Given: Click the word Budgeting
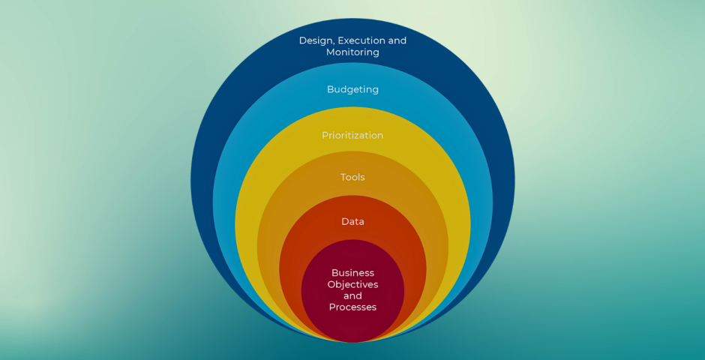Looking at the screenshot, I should tap(352, 89).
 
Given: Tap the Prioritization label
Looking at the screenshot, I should tap(352, 136).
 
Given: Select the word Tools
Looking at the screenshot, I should tap(352, 178).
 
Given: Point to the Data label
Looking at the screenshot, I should tap(352, 222).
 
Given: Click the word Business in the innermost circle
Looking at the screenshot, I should tap(352, 273).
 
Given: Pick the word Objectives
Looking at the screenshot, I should tap(352, 285).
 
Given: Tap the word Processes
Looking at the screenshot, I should tap(352, 307).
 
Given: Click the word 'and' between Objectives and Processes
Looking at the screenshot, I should tap(352, 296).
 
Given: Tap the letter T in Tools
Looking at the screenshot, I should tap(343, 178).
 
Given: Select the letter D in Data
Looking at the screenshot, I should tap(344, 222).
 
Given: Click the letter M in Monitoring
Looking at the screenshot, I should tap(331, 52).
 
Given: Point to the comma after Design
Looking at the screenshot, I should tap(334, 43).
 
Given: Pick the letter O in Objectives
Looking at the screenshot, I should tap(331, 285).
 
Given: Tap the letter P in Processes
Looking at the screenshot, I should tap(332, 307).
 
